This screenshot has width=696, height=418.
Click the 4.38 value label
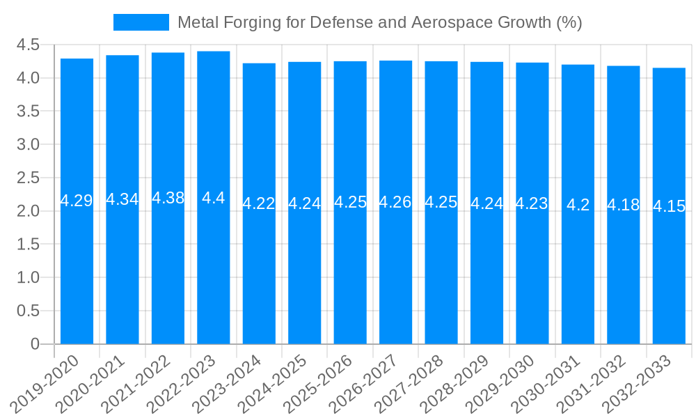(168, 198)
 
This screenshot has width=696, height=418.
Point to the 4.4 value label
(214, 198)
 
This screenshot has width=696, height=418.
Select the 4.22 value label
(259, 203)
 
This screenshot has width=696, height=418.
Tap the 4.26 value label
(395, 202)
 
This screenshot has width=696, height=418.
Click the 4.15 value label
(669, 206)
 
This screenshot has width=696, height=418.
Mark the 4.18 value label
(624, 205)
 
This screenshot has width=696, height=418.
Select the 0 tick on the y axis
(35, 344)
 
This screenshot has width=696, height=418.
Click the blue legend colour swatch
(141, 22)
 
